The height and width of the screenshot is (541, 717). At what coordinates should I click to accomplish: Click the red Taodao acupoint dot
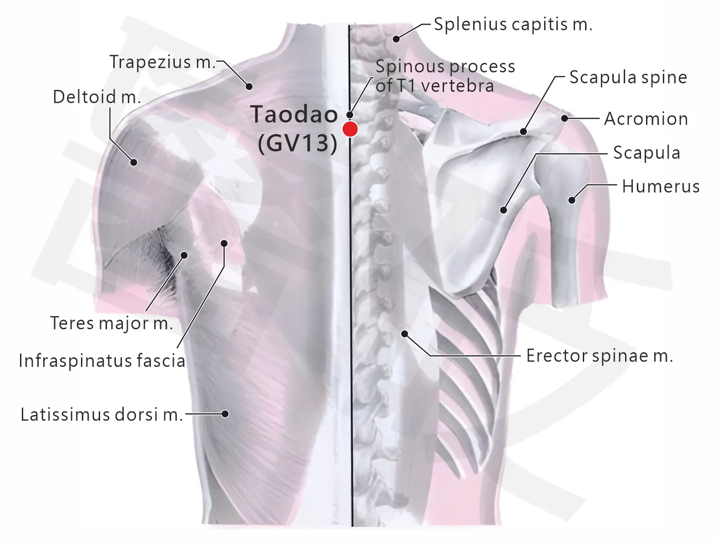pos(350,129)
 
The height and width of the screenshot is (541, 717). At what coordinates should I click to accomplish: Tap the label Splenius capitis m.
pos(513,25)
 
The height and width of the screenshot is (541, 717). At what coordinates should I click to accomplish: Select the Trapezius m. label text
pos(162,62)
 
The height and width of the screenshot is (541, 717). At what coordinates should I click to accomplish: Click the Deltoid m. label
pos(97,97)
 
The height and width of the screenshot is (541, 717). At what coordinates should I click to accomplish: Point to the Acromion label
pos(646,119)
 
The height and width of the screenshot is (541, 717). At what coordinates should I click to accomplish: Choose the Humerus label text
pos(661,187)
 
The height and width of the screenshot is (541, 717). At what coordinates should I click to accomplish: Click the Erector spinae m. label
pos(600,356)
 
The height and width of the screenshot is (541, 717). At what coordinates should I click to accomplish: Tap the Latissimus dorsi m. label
pos(101,415)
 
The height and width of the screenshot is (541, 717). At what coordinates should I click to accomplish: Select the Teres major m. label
pos(111,323)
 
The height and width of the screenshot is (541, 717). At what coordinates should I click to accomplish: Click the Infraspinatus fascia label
pos(102,361)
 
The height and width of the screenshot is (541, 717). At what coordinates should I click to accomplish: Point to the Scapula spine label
pos(628,78)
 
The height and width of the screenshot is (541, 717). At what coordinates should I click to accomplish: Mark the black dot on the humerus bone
pos(571,200)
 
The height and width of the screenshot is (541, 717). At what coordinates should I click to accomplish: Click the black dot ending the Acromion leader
pos(565,118)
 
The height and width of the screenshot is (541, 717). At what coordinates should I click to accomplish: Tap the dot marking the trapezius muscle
pos(249,86)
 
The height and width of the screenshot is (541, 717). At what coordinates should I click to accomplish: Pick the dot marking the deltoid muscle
pos(134,162)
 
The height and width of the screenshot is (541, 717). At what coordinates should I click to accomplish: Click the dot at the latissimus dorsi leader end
pos(225,414)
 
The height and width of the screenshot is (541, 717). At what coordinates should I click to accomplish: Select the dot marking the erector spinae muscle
pos(405,334)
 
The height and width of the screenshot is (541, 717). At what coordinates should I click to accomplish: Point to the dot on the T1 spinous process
pos(349,115)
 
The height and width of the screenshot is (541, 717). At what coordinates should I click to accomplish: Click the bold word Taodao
pos(294,115)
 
